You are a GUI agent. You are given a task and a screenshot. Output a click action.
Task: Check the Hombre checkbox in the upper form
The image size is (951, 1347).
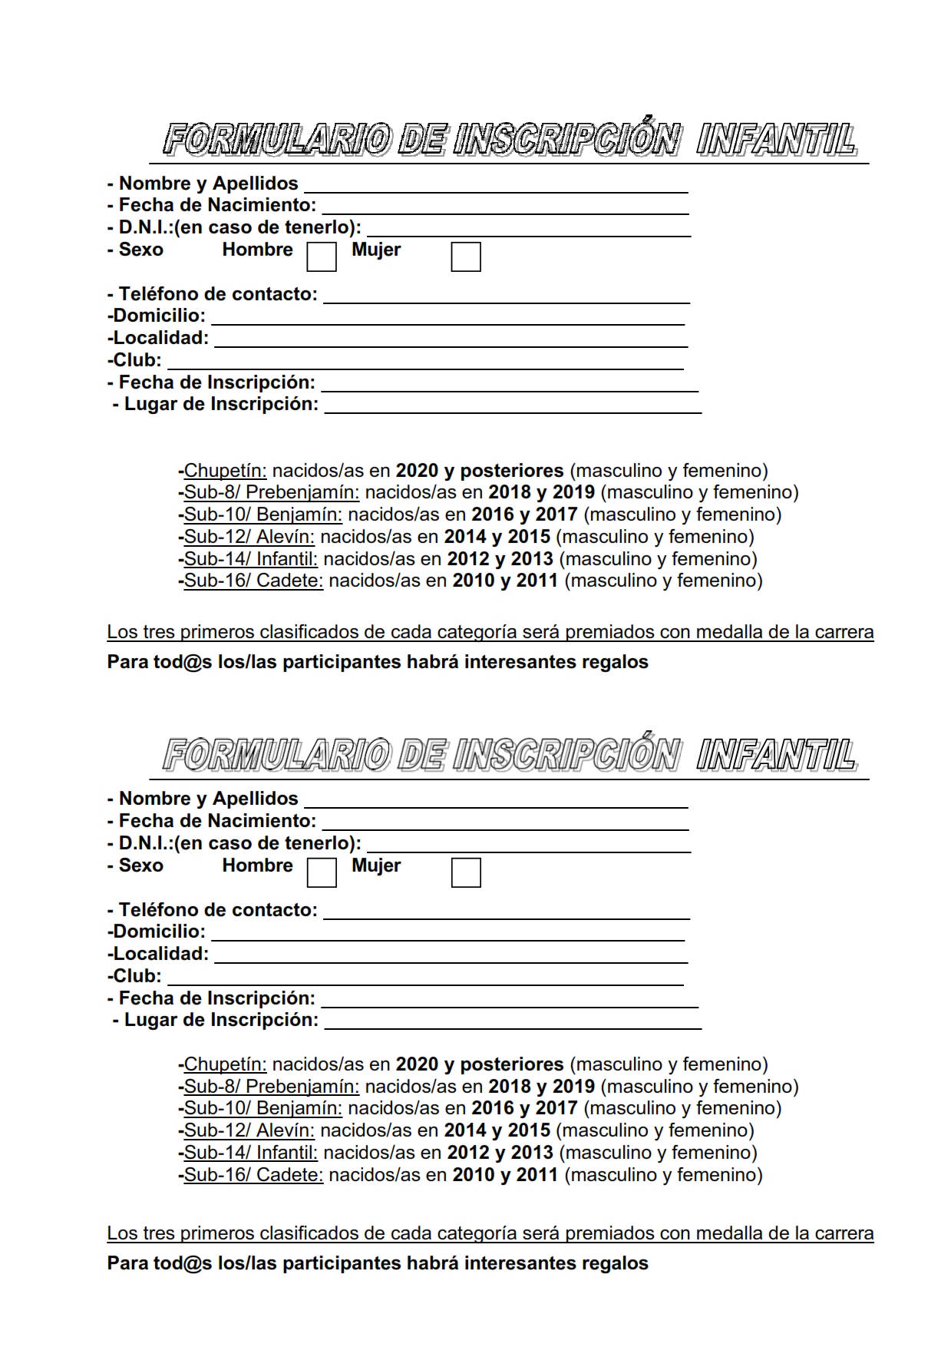[x=322, y=256]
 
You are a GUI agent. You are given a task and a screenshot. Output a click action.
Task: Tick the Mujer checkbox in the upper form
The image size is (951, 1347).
[x=466, y=256]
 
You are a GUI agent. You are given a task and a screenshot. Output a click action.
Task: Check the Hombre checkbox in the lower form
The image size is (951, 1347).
[x=322, y=872]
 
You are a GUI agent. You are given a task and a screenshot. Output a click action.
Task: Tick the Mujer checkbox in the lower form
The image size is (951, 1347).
[x=466, y=872]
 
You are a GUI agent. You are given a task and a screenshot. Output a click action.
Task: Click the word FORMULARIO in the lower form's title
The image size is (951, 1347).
[x=277, y=756]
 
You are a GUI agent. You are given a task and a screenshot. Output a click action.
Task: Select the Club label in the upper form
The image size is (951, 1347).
[x=135, y=360]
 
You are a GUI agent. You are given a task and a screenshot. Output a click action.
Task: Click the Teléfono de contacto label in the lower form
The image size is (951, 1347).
[x=217, y=910]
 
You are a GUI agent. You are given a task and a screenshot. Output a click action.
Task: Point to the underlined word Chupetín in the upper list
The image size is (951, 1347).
[x=225, y=471]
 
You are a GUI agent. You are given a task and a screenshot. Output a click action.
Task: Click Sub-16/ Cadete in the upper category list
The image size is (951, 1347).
[x=253, y=581]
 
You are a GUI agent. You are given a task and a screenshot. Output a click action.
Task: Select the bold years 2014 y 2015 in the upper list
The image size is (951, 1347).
[x=497, y=537]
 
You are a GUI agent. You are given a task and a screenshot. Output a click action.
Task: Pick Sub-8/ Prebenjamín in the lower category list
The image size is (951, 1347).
[x=271, y=1087]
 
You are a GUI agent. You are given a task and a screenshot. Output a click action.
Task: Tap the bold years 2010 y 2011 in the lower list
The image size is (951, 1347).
[x=505, y=1175]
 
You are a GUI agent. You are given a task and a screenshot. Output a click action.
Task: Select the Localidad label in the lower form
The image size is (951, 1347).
[x=158, y=955]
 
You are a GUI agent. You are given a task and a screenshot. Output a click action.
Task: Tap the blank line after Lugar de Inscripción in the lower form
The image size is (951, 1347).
[x=513, y=1023]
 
